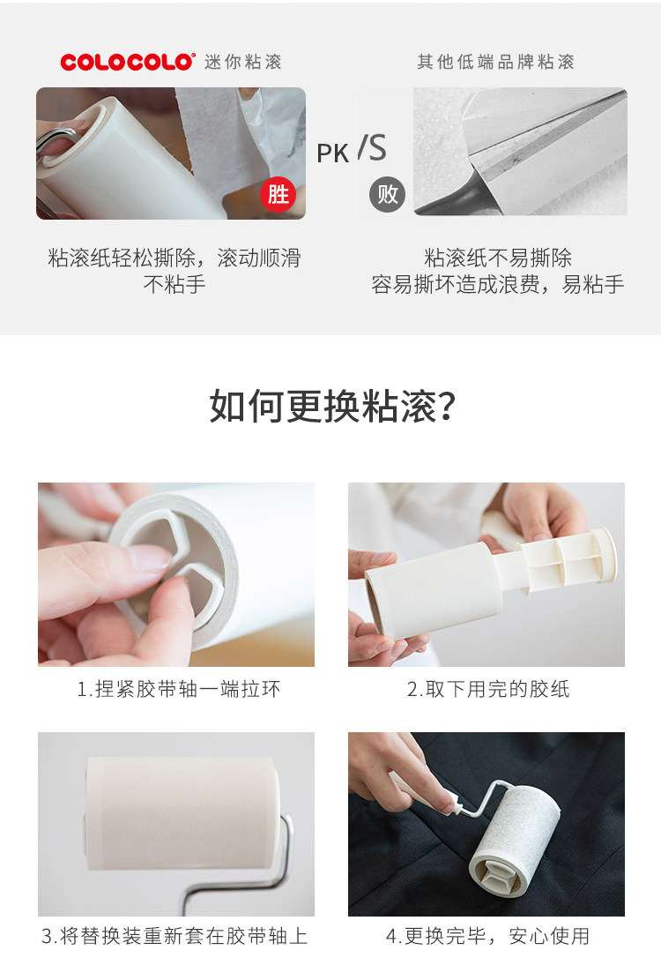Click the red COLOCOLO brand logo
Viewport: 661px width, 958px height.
128,62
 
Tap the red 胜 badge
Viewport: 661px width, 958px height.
278,195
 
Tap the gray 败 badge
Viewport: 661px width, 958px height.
387,195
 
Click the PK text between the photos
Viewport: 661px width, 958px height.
332,153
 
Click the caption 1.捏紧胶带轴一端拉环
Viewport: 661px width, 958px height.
178,689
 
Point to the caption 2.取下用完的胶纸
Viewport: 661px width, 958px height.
488,689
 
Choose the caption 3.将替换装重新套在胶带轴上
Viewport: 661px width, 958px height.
175,936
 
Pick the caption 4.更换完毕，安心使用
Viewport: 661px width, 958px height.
487,936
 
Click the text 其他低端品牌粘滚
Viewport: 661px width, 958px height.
495,62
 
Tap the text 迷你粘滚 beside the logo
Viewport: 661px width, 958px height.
243,62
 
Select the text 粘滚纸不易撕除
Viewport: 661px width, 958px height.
498,258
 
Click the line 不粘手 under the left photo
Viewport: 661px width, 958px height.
175,284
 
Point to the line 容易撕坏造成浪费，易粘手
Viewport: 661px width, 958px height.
498,284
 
